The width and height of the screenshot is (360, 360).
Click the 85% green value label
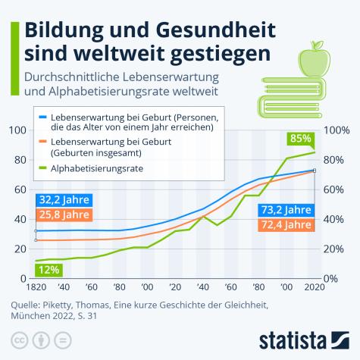tap(301, 139)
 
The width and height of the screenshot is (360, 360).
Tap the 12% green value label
tap(49, 269)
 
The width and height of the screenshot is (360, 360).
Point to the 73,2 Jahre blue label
tap(286, 210)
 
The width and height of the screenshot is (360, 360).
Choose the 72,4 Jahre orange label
tap(286, 224)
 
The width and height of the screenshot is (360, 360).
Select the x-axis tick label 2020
tap(315, 288)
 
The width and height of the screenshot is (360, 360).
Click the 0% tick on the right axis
tap(334, 278)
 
